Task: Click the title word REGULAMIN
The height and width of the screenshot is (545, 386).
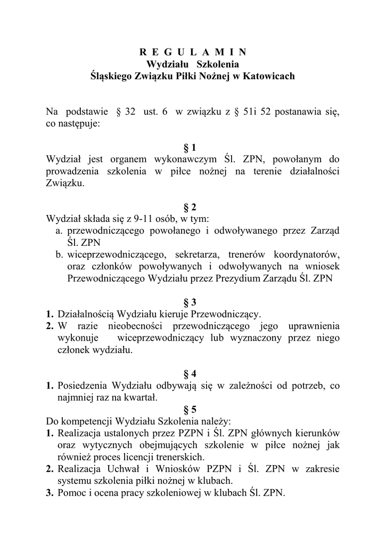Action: [x=193, y=52]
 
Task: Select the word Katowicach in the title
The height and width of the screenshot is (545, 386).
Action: [x=268, y=76]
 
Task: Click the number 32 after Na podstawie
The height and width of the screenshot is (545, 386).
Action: [x=130, y=112]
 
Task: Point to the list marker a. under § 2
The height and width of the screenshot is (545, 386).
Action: [x=59, y=230]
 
